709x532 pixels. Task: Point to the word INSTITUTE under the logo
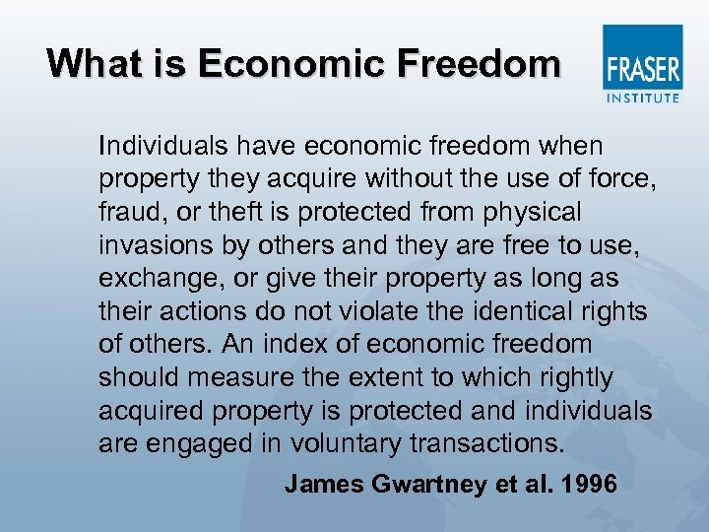click(x=642, y=98)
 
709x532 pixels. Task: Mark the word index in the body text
click(x=293, y=345)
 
